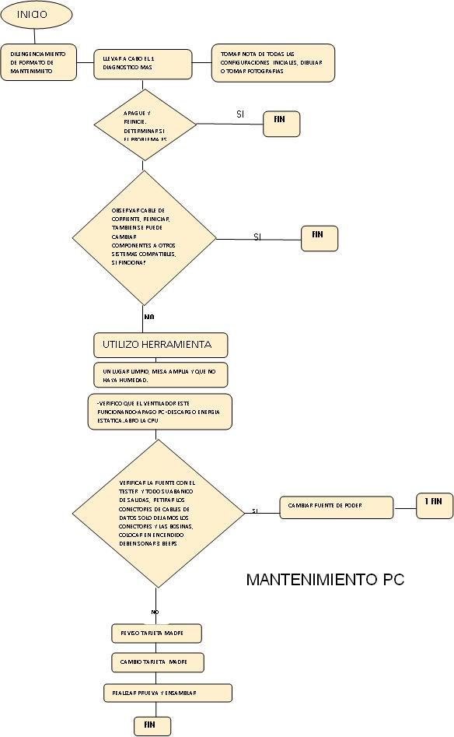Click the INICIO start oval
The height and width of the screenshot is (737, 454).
[37, 14]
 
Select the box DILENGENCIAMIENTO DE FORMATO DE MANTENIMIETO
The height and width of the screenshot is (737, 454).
[38, 62]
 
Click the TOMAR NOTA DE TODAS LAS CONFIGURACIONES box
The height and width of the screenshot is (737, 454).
[273, 62]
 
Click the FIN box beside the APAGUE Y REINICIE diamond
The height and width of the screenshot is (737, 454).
[281, 124]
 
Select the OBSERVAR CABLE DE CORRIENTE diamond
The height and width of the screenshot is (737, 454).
[144, 237]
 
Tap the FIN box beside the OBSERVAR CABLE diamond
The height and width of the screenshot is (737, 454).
[320, 238]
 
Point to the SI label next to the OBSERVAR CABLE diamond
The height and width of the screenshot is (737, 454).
[257, 237]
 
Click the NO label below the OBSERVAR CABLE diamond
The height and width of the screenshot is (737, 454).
[149, 317]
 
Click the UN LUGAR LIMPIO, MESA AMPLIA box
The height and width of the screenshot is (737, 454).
[161, 374]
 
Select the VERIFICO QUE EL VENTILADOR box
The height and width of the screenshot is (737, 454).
[160, 411]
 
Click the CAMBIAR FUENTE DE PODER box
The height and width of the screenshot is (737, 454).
[336, 506]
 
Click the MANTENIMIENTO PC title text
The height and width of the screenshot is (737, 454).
[325, 580]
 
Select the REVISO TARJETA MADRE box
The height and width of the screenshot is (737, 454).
[155, 633]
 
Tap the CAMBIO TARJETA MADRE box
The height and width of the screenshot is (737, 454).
[157, 662]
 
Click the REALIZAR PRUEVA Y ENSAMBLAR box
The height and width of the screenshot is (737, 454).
[167, 692]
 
